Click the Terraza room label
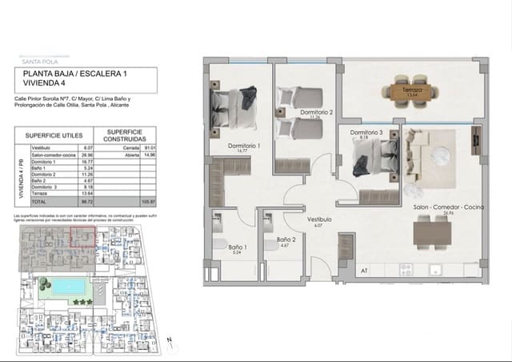(x=412, y=91)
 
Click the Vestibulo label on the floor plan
(x=319, y=219)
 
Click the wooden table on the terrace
(x=413, y=89)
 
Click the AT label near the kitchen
(x=364, y=271)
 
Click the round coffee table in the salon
(x=442, y=152)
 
